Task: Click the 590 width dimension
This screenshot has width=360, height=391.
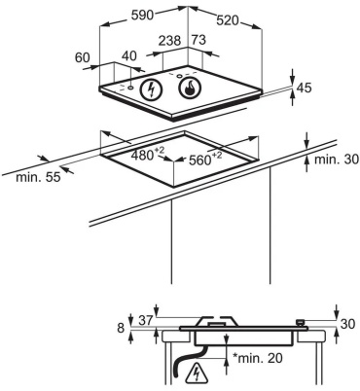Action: tap(142, 15)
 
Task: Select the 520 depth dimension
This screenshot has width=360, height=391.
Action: tap(228, 20)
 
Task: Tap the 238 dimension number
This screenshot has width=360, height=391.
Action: tap(169, 41)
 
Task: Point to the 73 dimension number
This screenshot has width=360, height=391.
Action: tap(198, 40)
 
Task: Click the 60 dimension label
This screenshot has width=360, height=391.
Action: tap(83, 57)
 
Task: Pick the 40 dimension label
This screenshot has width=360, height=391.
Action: tap(129, 56)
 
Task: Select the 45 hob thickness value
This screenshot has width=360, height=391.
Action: tap(304, 88)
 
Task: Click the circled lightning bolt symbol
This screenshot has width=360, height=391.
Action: tap(151, 89)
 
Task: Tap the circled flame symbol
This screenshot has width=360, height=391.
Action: tap(190, 88)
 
